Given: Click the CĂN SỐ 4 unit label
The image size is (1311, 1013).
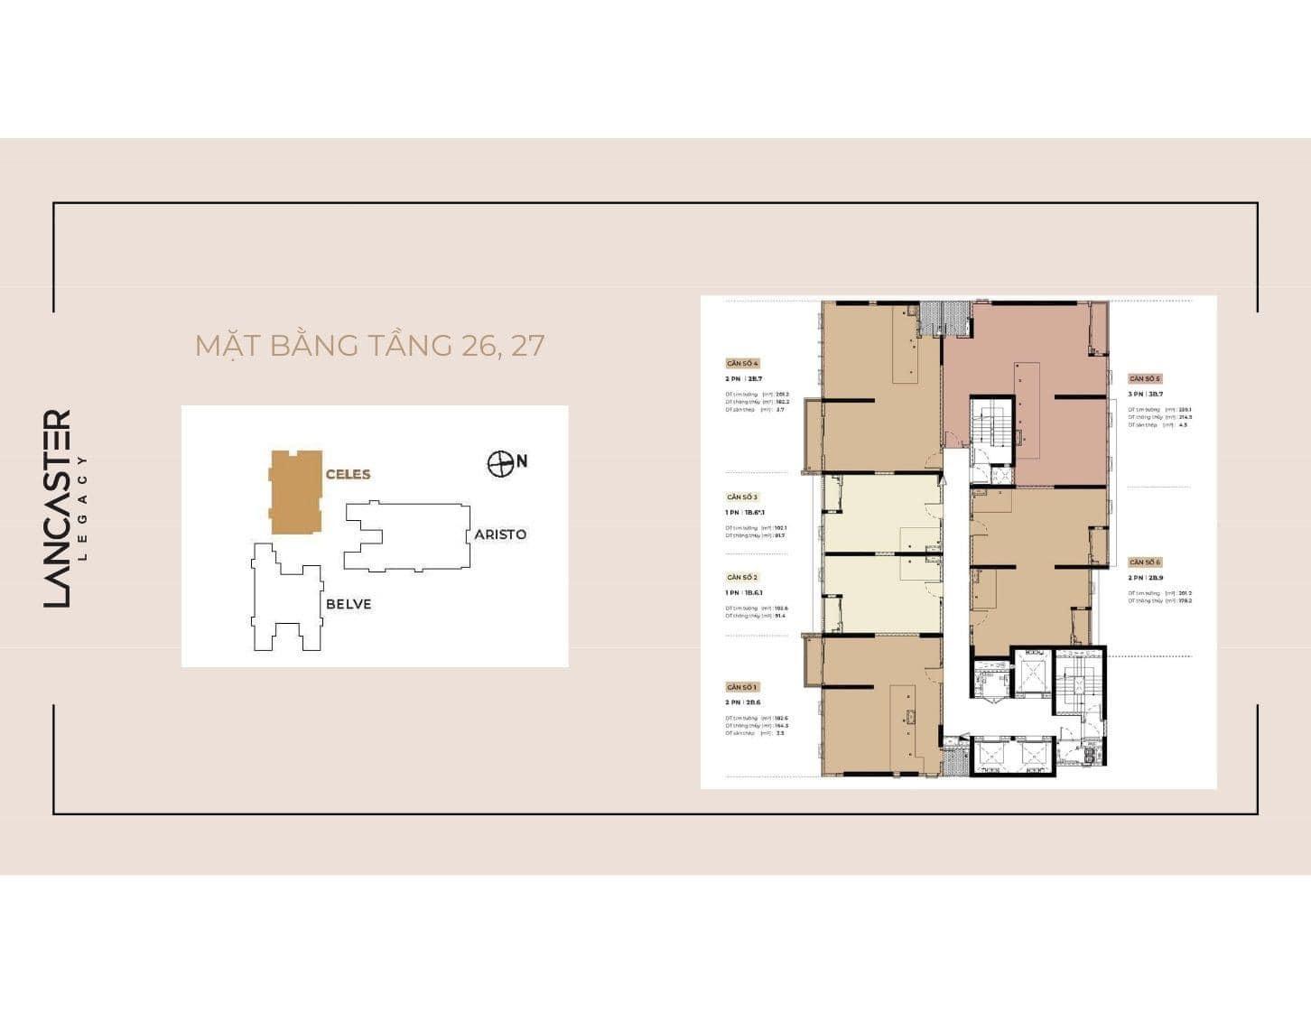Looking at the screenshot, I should tap(742, 363).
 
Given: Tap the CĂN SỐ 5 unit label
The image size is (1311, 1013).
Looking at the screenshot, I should tap(1144, 378).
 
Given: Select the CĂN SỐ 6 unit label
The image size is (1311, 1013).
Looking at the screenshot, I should tap(1144, 562).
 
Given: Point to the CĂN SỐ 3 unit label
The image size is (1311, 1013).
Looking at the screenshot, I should tap(742, 497).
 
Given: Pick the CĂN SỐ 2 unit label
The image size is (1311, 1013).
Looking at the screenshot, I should tap(742, 577).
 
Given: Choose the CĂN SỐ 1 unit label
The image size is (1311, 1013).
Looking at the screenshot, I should tap(742, 687).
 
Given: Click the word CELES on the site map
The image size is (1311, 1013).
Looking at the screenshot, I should tap(348, 474).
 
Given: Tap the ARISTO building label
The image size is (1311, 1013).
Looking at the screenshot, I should tap(500, 534).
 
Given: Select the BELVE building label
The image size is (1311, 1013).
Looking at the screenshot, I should tap(349, 604).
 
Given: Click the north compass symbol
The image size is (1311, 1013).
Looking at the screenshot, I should tap(499, 463).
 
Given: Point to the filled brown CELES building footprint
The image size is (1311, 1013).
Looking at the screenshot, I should tap(295, 492).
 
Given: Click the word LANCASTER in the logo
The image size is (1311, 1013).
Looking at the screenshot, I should tap(57, 508).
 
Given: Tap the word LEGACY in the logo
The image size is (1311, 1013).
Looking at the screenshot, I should tap(83, 508).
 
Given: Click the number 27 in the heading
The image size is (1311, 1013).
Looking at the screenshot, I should tap(527, 346).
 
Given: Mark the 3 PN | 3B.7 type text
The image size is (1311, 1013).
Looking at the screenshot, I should tap(1146, 394).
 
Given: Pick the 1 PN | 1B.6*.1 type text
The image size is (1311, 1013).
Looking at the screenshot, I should tap(746, 512).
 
